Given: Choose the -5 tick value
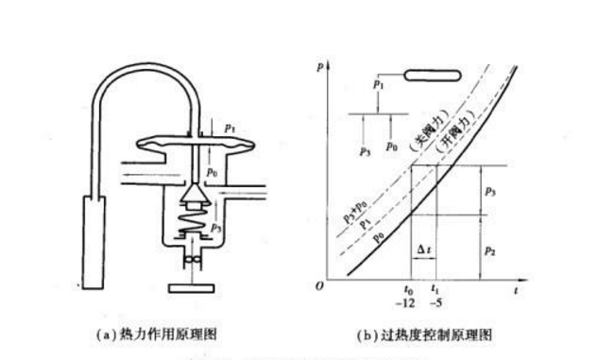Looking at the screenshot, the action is [x=436, y=305].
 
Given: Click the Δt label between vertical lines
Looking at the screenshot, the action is [x=425, y=249].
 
